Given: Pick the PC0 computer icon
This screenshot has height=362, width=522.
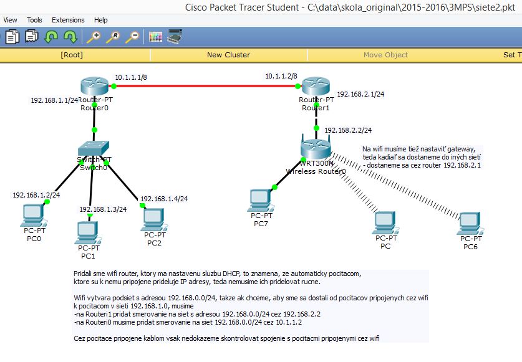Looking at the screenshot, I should click(33, 215).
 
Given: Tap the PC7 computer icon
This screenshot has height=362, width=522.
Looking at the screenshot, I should click(259, 200).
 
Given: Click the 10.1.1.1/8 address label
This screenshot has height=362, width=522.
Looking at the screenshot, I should click(131, 78).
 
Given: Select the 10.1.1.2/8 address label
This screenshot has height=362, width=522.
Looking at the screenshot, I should click(281, 76).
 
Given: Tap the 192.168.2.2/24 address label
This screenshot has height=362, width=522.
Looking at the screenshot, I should click(348, 130).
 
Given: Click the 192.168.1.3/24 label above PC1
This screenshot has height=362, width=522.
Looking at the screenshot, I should click(103, 209).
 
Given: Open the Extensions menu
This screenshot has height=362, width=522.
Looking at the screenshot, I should click(68, 20).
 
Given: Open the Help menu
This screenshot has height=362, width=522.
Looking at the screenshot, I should click(100, 20).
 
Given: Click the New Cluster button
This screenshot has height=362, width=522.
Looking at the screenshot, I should click(228, 55).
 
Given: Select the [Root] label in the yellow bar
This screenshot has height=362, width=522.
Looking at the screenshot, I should click(72, 55).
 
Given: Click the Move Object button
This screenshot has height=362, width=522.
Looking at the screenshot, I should click(385, 55).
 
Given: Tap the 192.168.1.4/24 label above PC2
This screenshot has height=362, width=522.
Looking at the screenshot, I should click(164, 199).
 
